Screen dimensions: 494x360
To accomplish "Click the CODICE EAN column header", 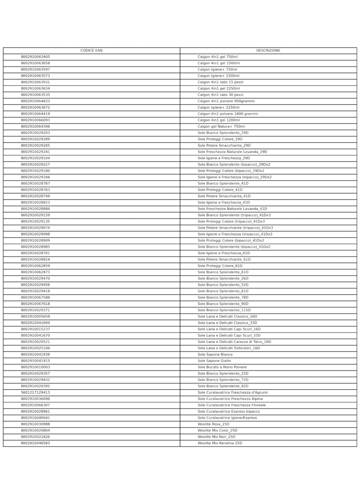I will [91, 51].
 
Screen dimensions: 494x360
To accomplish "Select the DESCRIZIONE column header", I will [268, 51].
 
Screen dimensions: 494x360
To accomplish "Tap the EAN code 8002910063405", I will [35, 57].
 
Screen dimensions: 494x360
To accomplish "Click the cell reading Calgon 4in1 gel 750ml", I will [218, 57].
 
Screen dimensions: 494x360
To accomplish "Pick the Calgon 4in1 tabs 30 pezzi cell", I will [221, 95].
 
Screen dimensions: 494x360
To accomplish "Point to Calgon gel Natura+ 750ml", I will [221, 126].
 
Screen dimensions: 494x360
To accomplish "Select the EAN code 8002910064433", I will [35, 101].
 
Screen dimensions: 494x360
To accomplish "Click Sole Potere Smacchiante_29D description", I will [224, 146].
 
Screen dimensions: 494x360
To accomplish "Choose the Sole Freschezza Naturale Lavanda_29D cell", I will [232, 152].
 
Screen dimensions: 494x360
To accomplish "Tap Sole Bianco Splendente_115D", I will [224, 310].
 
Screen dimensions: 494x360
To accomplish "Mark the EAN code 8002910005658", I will [35, 316].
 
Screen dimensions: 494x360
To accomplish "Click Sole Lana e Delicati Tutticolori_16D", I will [229, 348].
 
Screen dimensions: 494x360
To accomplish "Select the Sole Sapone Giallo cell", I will [214, 361].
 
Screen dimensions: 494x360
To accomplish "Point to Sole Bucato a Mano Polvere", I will [222, 367].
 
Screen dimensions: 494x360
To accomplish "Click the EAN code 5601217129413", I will [35, 393].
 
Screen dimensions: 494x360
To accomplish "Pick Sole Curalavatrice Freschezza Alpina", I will [230, 399].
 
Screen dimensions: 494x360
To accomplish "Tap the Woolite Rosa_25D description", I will [213, 424].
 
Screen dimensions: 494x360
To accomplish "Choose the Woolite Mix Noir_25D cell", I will [217, 437].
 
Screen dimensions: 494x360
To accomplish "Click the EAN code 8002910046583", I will [35, 443].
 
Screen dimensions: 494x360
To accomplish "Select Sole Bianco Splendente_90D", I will [223, 304].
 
